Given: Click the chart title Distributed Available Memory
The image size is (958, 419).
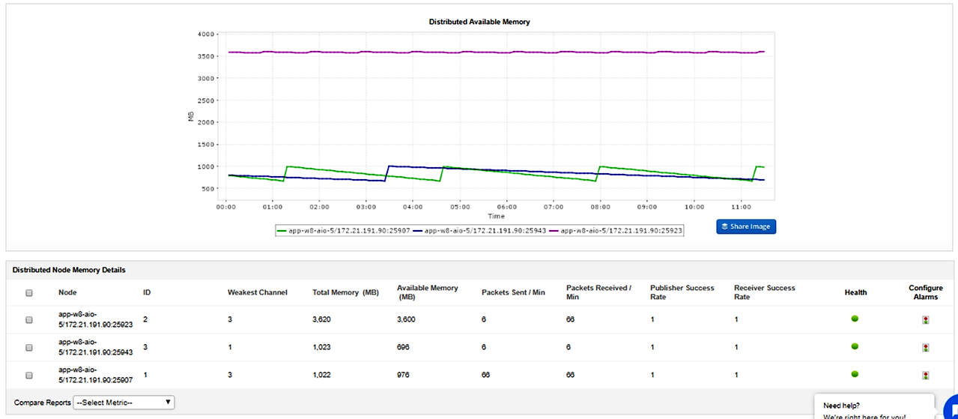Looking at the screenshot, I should coord(479,22).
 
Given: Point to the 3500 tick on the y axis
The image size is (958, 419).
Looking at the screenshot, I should coord(206,56).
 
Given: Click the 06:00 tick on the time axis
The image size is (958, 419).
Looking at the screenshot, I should coord(507,206).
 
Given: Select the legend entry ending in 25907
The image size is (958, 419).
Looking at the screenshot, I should coord(342,232).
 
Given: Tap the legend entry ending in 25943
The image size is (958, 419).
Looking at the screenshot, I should coord(479,232).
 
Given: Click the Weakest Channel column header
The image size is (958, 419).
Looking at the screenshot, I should coord(257,292).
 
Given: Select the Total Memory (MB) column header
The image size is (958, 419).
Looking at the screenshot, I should coord(345,292).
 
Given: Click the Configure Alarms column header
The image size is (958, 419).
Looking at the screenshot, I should coord(926,292).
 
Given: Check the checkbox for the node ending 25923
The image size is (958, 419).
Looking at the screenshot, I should coord(29,320).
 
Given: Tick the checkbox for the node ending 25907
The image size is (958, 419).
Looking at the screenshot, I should coord(29,375).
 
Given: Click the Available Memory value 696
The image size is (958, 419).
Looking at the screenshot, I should coord(405,347).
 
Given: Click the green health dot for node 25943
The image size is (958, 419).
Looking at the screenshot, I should coord(855,346).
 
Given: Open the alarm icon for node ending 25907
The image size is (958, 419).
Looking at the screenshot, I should coord(926,375).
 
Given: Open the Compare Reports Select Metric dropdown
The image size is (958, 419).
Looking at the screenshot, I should coord(124,403).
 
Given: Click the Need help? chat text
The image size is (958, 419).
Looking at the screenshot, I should coord(841,405).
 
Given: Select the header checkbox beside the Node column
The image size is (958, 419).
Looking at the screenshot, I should coord(29,293).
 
